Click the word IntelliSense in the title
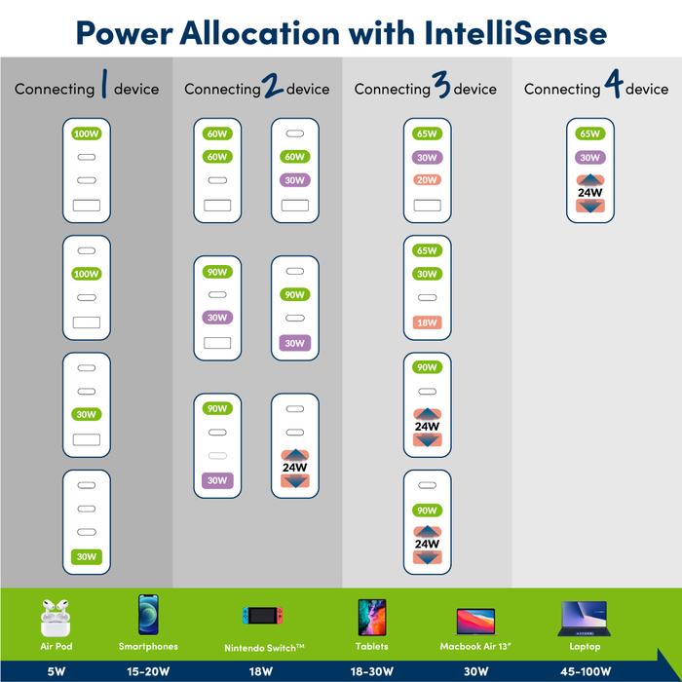(x=515, y=33)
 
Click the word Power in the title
(x=124, y=34)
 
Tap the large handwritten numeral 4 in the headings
(x=613, y=84)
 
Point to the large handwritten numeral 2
(x=272, y=85)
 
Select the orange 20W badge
(x=427, y=180)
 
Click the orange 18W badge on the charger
(x=427, y=322)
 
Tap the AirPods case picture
(x=56, y=618)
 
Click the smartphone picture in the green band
(x=148, y=615)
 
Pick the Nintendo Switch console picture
(x=263, y=615)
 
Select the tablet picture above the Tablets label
(x=372, y=617)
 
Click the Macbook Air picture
(x=475, y=622)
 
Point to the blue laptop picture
(x=585, y=619)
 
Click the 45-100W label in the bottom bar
(x=586, y=671)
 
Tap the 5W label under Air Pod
(x=57, y=671)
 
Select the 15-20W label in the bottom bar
(x=148, y=671)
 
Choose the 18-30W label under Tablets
(x=372, y=671)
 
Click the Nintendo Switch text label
(x=264, y=648)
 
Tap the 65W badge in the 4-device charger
(x=589, y=133)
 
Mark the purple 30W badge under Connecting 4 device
(x=589, y=158)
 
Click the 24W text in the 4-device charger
(x=589, y=192)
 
